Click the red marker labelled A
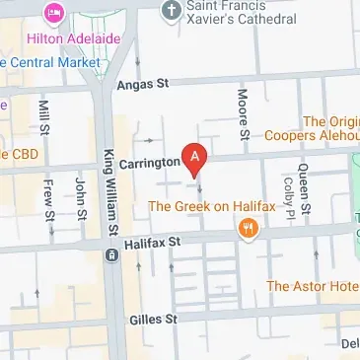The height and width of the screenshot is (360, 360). tap(196, 157)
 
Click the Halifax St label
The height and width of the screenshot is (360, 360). tap(153, 241)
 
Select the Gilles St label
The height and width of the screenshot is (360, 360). tap(153, 319)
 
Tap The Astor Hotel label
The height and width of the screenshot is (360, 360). tap(313, 286)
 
